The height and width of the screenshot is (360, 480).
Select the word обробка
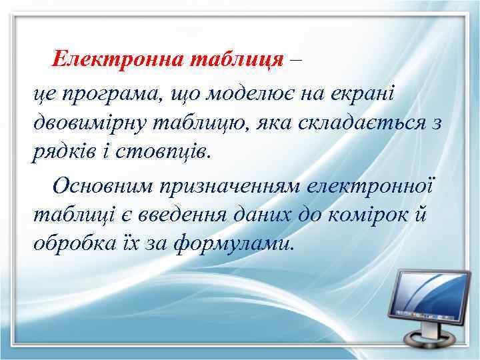tap(74, 244)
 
